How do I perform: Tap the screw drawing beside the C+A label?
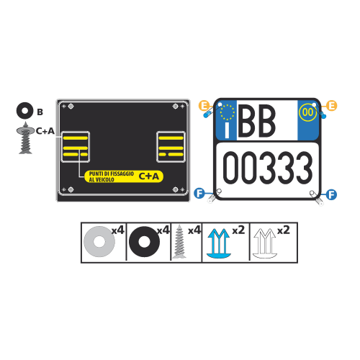25,138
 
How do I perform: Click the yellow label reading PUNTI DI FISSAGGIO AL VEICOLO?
124,176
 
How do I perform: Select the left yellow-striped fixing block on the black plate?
76,147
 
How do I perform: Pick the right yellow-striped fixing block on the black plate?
171,147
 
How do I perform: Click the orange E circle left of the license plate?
204,106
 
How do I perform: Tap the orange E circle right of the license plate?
332,106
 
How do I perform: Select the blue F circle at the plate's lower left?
199,193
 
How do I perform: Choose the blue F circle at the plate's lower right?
331,194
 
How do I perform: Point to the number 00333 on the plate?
268,168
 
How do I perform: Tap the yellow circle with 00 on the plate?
307,112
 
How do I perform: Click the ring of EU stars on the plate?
227,112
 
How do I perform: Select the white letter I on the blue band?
227,130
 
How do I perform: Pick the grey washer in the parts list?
99,241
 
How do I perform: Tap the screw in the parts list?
179,241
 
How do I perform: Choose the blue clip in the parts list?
219,243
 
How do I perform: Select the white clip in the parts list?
265,243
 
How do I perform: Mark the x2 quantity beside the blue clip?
238,230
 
